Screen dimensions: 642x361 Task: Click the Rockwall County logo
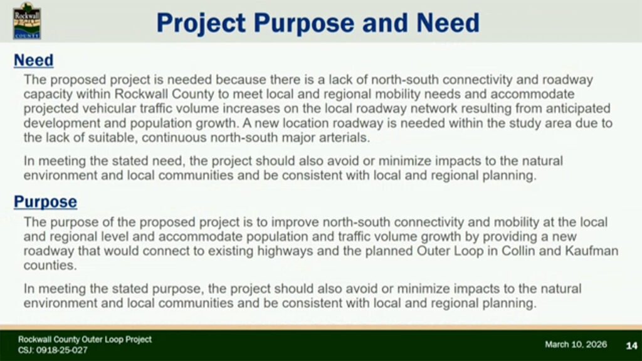pyautogui.click(x=27, y=21)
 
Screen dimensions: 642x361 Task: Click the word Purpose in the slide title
pyautogui.click(x=304, y=23)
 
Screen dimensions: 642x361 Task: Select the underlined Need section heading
pyautogui.click(x=34, y=60)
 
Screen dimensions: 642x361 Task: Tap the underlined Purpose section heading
pyautogui.click(x=45, y=202)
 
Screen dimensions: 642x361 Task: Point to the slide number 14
pyautogui.click(x=631, y=346)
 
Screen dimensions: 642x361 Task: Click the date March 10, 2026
pyautogui.click(x=576, y=345)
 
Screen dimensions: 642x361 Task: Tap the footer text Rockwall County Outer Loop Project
pyautogui.click(x=85, y=339)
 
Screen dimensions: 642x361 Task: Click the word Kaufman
pyautogui.click(x=592, y=251)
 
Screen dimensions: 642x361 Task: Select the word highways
pyautogui.click(x=285, y=251)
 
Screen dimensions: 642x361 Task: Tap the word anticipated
pyautogui.click(x=578, y=108)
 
